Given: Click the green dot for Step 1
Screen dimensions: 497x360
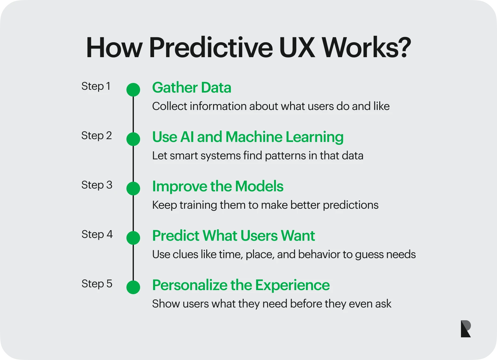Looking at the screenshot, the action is point(133,90).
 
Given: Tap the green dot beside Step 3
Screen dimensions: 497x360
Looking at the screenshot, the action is point(133,188).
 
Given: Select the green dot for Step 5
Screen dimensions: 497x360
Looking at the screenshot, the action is point(133,287).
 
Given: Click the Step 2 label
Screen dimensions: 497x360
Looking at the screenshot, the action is point(97,136).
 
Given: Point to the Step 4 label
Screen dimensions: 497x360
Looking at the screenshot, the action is point(97,235).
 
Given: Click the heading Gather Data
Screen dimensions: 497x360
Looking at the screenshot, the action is point(192,87).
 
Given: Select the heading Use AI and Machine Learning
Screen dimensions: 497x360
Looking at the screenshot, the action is point(248,137).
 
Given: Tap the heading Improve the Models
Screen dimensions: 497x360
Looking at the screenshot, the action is point(218,186).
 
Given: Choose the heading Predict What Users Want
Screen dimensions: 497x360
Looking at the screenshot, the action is point(234,235).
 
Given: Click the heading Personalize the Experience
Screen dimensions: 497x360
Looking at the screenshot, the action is point(241,285).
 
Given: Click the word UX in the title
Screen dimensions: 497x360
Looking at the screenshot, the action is point(297,48).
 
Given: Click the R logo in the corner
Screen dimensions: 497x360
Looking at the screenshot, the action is point(466,329).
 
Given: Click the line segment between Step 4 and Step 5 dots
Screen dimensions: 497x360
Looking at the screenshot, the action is point(133,262).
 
